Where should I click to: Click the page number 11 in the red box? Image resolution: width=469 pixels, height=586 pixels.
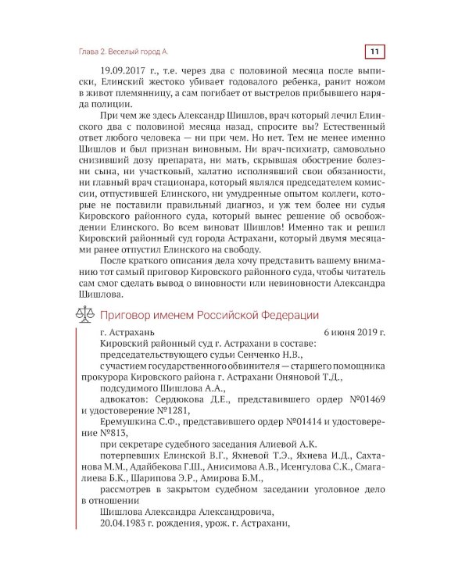tap(374, 51)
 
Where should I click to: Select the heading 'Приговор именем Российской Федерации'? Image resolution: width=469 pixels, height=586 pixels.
tap(208, 315)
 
